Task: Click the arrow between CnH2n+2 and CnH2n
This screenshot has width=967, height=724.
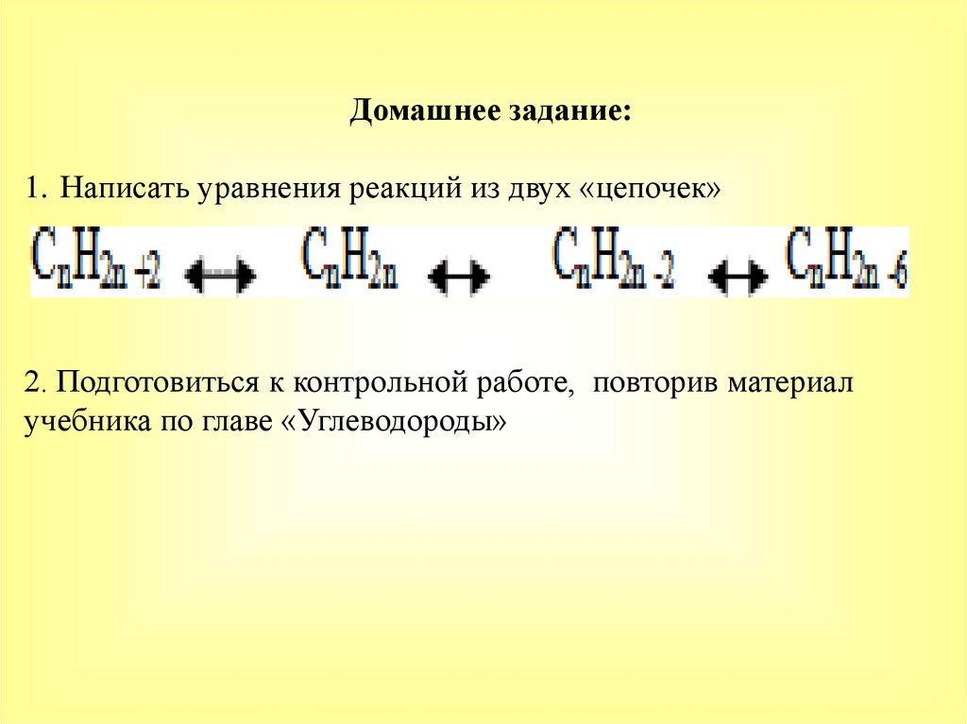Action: (x=219, y=276)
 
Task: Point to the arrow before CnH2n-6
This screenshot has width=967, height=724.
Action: (x=738, y=276)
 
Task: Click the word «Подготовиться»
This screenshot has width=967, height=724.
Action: (x=149, y=384)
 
